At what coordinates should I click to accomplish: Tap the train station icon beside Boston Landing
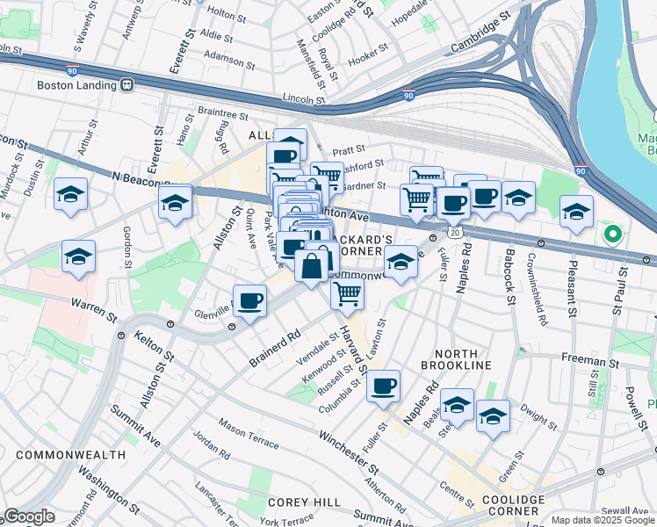click(x=126, y=85)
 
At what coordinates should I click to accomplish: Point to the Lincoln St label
click(x=304, y=100)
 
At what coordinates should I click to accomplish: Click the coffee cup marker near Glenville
click(x=250, y=300)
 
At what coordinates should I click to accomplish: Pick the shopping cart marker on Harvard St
click(x=348, y=293)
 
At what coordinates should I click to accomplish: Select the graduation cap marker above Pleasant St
click(x=576, y=211)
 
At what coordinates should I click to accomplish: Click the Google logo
click(x=30, y=516)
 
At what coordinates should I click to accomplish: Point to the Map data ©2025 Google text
click(x=602, y=520)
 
